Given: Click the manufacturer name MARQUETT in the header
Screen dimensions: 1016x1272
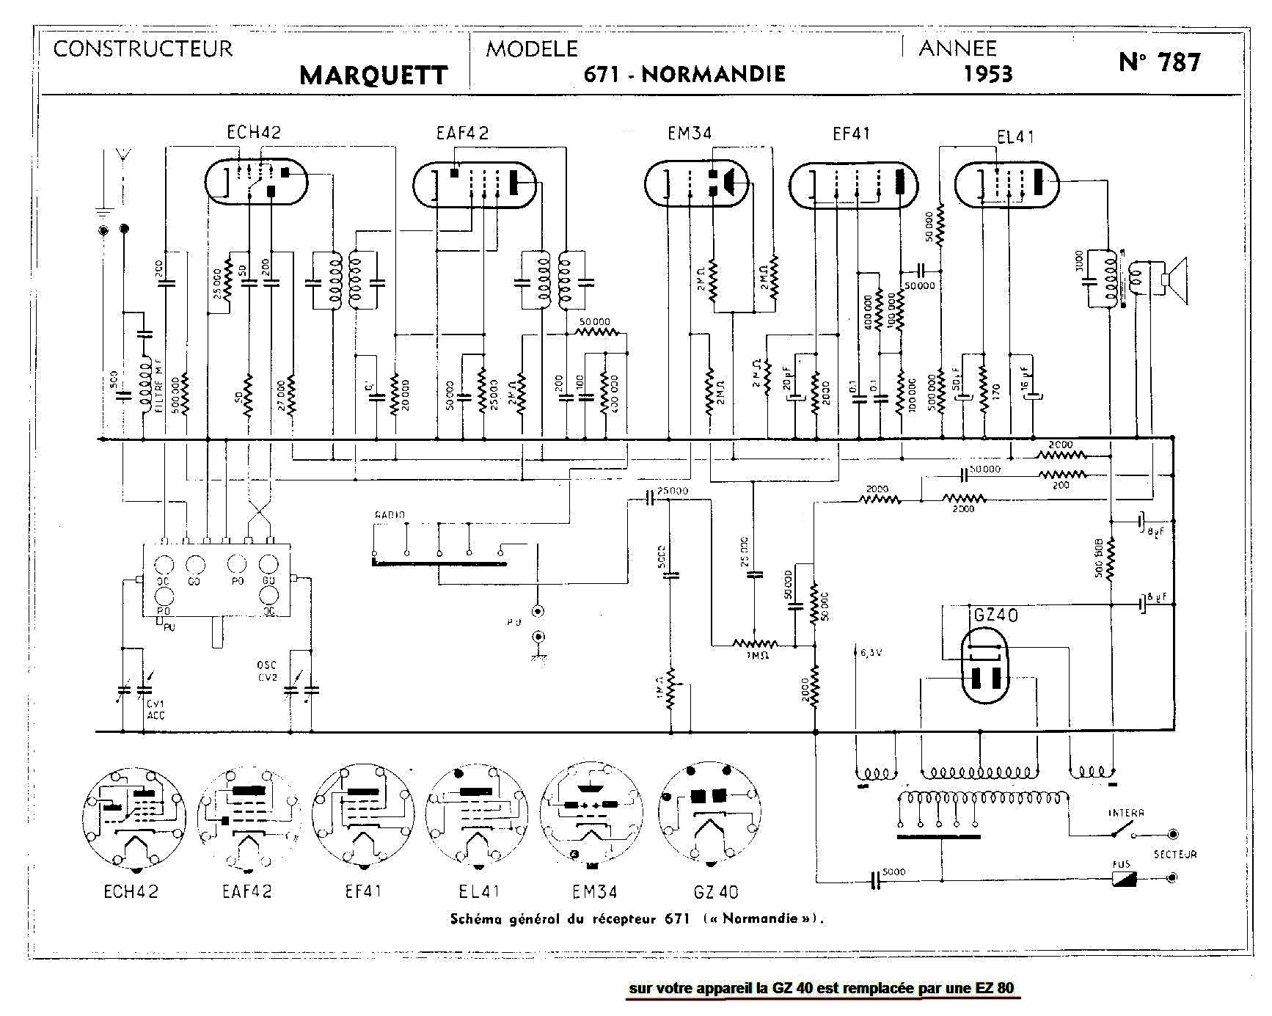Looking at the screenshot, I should coord(373,75).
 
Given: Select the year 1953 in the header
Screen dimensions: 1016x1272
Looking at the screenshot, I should coord(988,73).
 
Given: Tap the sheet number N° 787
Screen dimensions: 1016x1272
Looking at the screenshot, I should coord(1160,62).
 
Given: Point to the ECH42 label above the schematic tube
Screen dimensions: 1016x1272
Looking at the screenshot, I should coord(254,132).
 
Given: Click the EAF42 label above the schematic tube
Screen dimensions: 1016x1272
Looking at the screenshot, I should coord(462,133).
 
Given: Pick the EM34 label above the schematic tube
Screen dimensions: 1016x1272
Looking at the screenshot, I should coord(690,133).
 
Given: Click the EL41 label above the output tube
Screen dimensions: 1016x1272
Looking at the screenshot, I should coord(1016,136).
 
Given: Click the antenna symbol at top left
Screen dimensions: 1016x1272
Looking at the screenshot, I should coord(123,156).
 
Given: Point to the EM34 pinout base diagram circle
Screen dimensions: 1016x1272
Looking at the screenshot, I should coord(591,814).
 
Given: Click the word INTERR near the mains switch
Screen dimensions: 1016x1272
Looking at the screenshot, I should coord(1126,813).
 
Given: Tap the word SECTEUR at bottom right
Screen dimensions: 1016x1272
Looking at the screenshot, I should coord(1174,854).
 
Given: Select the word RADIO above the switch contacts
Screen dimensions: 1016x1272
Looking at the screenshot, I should coord(390,515).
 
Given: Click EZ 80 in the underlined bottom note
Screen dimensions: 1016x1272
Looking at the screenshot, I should coord(994,987).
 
